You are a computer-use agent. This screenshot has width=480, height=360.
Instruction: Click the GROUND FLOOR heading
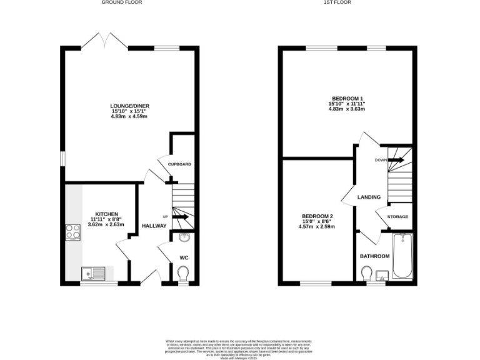pos(122,2)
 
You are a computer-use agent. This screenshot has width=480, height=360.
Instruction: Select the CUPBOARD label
pos(179,164)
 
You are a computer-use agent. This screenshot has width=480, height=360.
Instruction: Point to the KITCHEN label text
pos(106,214)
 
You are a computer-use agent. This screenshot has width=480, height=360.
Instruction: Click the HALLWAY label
pos(154,226)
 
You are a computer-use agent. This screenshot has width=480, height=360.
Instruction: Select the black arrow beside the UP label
pos(181,217)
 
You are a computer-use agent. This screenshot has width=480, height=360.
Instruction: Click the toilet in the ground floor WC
pos(183,273)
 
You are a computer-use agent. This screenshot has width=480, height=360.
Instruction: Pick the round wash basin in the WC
pos(184,238)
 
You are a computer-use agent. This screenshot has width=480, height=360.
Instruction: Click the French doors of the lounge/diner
pos(104,41)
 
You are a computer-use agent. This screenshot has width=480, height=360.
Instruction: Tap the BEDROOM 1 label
pos(347,99)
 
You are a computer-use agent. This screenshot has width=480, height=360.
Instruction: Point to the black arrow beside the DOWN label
pos(398,159)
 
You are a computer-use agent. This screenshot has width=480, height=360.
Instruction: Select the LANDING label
pos(369,197)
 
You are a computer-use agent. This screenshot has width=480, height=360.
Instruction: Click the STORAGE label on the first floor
pos(397,217)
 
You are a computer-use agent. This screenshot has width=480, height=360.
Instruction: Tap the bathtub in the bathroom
pos(401,257)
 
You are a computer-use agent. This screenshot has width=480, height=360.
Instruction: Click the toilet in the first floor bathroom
pos(366,273)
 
